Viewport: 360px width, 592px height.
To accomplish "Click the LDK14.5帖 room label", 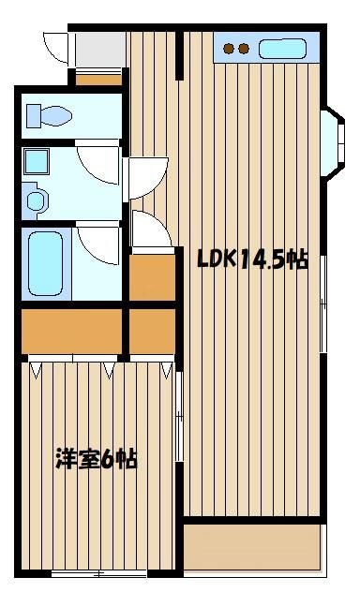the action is click(x=252, y=259).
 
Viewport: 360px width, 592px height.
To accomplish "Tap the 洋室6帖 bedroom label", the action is click(x=97, y=459).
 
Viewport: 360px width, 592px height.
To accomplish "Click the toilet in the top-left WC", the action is click(x=49, y=115).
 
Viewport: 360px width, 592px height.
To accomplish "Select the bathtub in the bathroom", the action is click(x=46, y=263).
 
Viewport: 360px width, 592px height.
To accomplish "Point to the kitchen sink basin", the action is click(x=282, y=49).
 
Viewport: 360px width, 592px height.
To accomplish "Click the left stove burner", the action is click(x=228, y=49).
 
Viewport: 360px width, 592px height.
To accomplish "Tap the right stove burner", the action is click(x=244, y=49).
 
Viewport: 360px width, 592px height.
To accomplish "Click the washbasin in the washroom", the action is click(x=37, y=200).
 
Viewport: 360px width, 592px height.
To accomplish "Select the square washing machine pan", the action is click(x=37, y=161).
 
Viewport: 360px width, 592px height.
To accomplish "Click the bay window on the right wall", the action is click(x=333, y=144).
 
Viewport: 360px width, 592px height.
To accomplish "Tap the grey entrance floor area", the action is click(x=100, y=50).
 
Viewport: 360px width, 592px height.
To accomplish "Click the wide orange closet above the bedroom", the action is click(x=71, y=331).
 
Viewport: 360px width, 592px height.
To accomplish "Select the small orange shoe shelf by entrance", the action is click(x=99, y=80).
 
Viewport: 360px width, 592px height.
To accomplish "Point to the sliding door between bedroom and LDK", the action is click(x=180, y=415).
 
